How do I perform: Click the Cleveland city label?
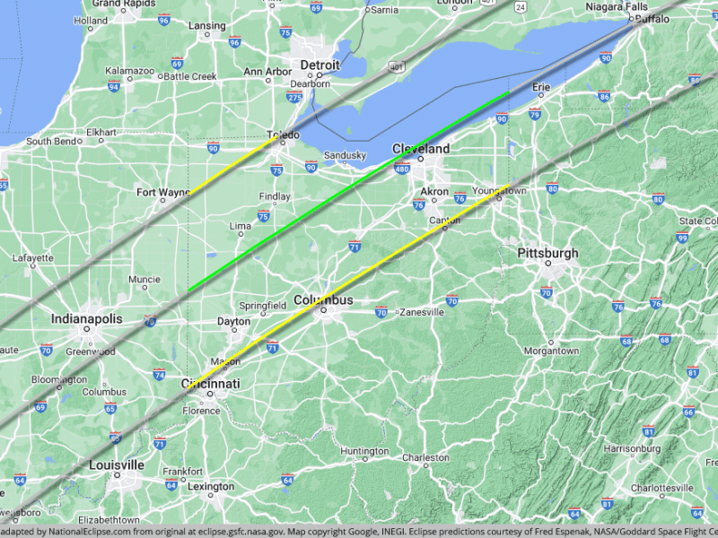pos(420,149)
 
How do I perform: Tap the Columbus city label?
pos(323,300)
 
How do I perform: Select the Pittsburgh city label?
pos(547,254)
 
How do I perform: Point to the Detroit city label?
pos(320,65)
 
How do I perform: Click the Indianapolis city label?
pos(86,319)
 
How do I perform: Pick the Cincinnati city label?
pos(211,384)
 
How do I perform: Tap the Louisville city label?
pos(117,465)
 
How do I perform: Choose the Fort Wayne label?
pos(163,193)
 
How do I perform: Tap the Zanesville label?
pos(422,313)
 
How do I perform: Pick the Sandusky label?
pos(345,155)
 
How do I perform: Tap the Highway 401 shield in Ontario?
pos(396,65)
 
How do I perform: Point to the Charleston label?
pos(425,457)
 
